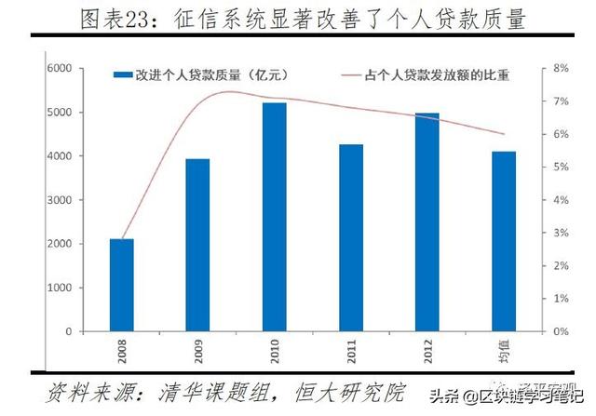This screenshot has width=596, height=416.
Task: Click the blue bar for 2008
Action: (x=121, y=285)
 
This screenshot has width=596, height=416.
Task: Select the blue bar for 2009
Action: (x=197, y=245)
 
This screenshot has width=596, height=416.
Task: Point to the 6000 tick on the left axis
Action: (x=61, y=69)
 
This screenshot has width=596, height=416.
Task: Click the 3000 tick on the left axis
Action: (x=61, y=200)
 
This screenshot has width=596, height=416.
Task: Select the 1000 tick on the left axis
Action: (x=61, y=288)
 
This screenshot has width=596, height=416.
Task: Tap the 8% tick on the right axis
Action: (x=561, y=69)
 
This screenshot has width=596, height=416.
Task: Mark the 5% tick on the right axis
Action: (x=561, y=168)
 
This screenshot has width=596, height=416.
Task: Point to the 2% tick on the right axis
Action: (x=561, y=266)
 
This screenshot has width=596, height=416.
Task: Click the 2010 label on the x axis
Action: (x=276, y=351)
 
